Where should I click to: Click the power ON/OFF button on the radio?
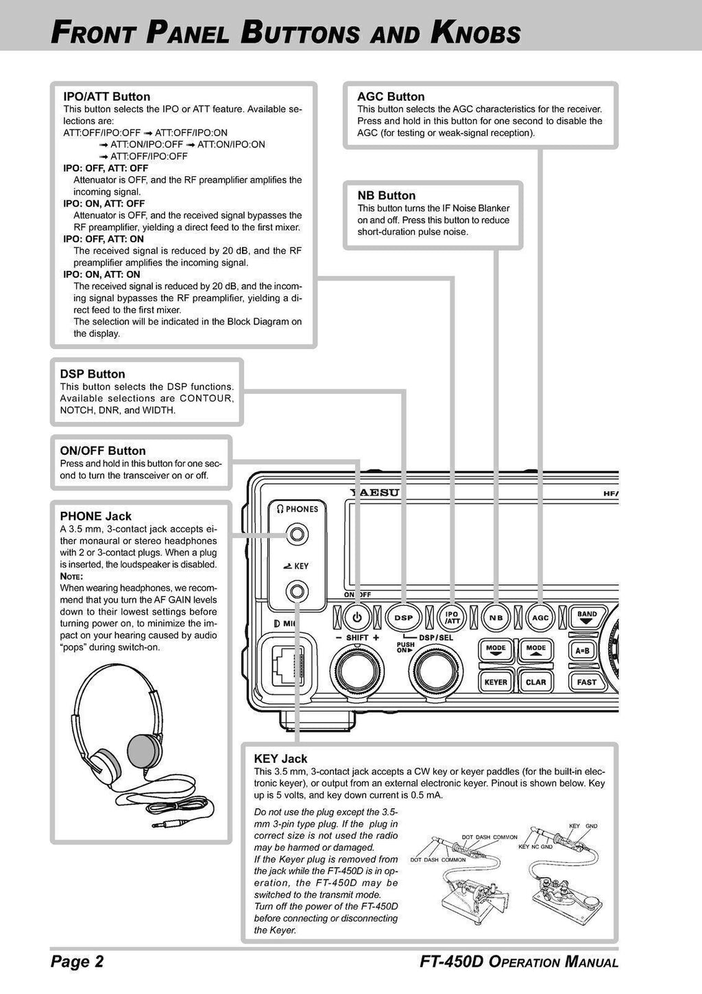(x=356, y=617)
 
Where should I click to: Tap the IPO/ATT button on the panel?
(x=452, y=617)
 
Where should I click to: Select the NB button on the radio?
(x=496, y=617)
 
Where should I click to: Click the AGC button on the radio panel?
(x=541, y=617)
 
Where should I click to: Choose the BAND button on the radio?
(x=587, y=617)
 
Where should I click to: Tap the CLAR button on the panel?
(x=535, y=682)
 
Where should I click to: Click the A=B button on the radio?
(x=583, y=650)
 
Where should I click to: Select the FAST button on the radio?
(x=586, y=682)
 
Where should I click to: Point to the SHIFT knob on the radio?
(x=357, y=670)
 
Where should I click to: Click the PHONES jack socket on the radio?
(x=296, y=534)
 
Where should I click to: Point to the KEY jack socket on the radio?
(x=296, y=590)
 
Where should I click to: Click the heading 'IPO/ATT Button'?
(x=106, y=97)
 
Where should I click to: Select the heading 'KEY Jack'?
(x=280, y=759)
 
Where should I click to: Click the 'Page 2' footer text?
(x=77, y=962)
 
